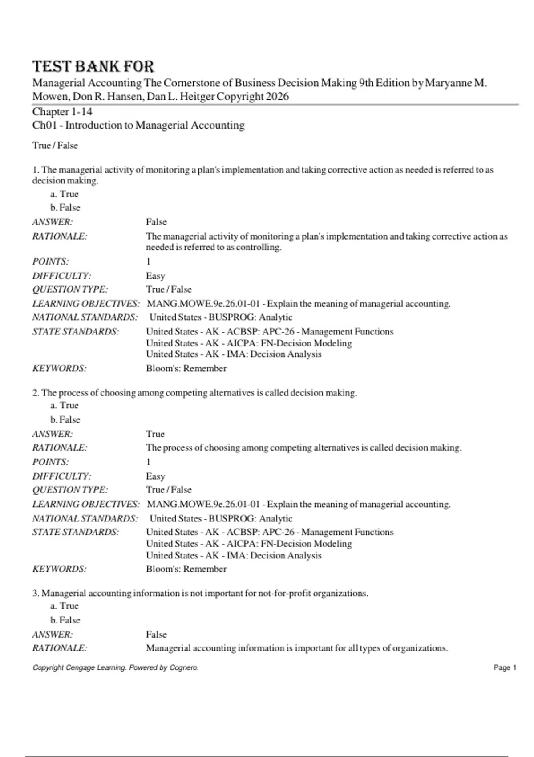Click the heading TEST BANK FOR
coord(93,67)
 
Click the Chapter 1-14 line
coord(62,112)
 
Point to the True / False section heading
coord(55,146)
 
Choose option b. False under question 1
coord(65,208)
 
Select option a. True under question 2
coord(65,405)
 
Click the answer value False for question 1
coord(156,222)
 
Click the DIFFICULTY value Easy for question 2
coord(155,476)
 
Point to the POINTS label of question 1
coord(51,261)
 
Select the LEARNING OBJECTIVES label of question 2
coord(86,504)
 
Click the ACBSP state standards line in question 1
coord(270,331)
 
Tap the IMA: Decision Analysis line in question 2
coord(234,555)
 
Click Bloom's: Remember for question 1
coord(186,368)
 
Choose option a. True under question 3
coord(65,606)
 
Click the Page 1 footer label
coord(505,667)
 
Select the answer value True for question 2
coord(155,434)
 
